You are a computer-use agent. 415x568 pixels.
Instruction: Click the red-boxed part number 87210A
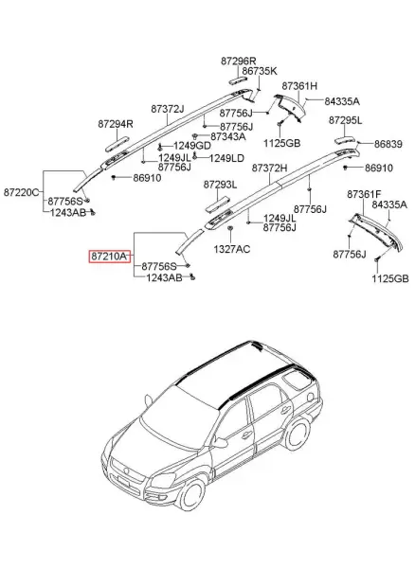coord(109,257)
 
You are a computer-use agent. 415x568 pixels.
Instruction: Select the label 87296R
coord(239,61)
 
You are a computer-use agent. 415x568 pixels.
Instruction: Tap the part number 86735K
coord(260,71)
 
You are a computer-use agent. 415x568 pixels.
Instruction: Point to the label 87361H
coord(299,86)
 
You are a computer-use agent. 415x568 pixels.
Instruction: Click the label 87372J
coord(168,108)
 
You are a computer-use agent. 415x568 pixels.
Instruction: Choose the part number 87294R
coord(116,124)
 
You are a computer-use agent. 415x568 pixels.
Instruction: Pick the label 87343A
coord(228,136)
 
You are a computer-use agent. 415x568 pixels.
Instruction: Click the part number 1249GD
coord(191,146)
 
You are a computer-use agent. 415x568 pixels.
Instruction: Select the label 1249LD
coord(226,158)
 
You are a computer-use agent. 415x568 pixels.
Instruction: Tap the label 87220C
coord(21,192)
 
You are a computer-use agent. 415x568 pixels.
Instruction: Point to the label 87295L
coord(345,120)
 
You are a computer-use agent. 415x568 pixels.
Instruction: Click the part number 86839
coord(388,144)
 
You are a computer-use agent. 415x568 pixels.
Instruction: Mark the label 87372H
coord(269,169)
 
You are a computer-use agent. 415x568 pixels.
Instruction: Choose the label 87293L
coord(220,185)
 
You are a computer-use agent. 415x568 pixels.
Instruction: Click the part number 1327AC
coord(231,249)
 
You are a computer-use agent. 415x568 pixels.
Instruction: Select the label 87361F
coord(364,194)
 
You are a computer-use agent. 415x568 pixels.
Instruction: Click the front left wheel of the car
coord(191,495)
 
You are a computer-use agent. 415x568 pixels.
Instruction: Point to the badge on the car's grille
coord(126,470)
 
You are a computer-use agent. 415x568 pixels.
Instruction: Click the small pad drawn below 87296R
coord(238,80)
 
